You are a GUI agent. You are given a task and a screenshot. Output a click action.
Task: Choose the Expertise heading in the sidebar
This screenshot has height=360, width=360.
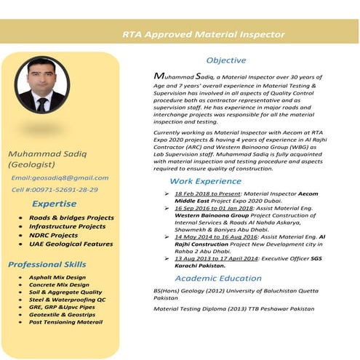[55, 204]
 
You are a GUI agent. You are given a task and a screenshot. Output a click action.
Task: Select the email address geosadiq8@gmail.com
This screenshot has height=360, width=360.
[60, 177]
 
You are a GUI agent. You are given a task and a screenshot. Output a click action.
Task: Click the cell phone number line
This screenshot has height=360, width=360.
[55, 190]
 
